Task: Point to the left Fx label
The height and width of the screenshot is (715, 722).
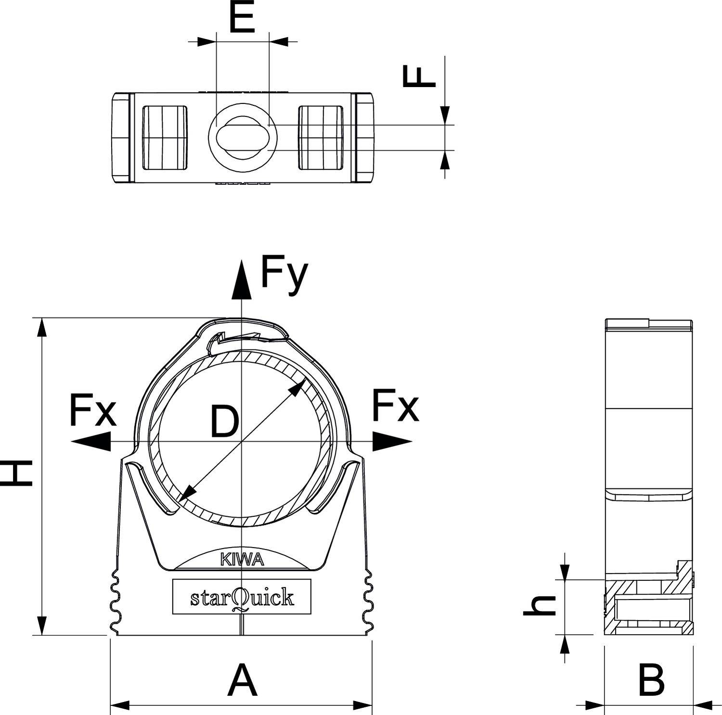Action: coord(93,411)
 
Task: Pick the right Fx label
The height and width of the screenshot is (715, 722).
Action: coord(395,406)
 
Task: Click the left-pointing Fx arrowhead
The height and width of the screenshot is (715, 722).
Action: coord(91,441)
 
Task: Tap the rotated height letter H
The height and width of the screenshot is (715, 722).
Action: coord(18,472)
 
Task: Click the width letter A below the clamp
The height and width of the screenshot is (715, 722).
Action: coord(242,680)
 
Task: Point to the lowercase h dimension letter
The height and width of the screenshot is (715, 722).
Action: coord(540,606)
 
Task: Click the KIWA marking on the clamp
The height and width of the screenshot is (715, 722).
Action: coord(242,560)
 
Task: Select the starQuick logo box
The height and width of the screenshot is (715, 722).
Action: coord(242,597)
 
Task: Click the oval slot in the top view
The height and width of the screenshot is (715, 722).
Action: coord(242,138)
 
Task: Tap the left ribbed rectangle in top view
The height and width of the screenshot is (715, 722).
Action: coord(165,138)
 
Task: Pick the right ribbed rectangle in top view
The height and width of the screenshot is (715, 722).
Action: coord(321,138)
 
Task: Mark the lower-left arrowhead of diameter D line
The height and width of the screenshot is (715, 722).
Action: coord(186,494)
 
